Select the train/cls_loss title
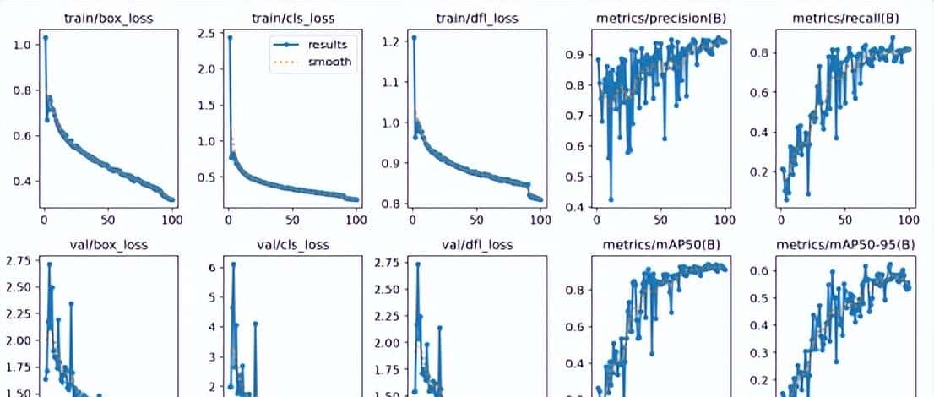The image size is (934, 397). [x=291, y=18]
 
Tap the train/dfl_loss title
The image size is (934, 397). [x=475, y=18]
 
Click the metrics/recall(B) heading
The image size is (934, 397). [x=842, y=18]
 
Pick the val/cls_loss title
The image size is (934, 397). [x=291, y=245]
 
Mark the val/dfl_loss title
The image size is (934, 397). [x=475, y=245]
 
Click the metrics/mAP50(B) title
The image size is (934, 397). [x=658, y=245]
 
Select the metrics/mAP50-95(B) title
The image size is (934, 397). [x=842, y=245]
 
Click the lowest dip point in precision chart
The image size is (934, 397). [x=611, y=199]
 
